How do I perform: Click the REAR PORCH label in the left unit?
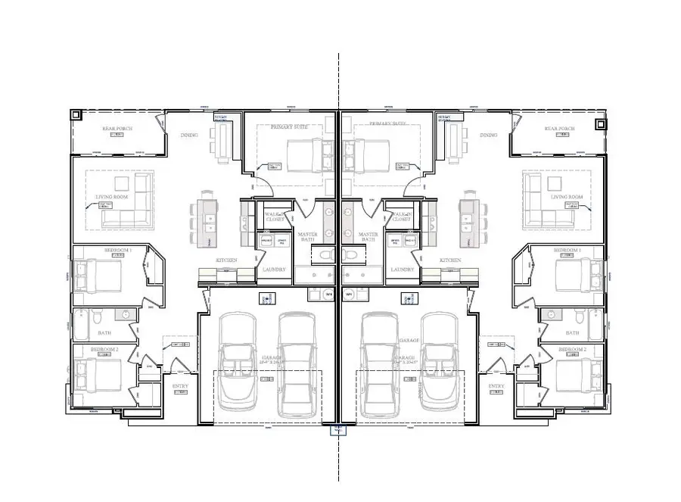(x=117, y=129)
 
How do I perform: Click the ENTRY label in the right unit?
(x=496, y=386)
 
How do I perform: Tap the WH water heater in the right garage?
(x=349, y=294)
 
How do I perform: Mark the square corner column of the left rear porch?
(x=76, y=116)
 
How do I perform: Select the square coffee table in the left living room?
(x=121, y=183)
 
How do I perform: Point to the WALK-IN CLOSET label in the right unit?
(x=402, y=217)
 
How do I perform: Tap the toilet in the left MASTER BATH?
(x=325, y=255)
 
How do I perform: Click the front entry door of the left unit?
(x=179, y=370)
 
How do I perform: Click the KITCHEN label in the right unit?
(x=451, y=260)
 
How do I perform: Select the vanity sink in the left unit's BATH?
(x=124, y=314)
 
